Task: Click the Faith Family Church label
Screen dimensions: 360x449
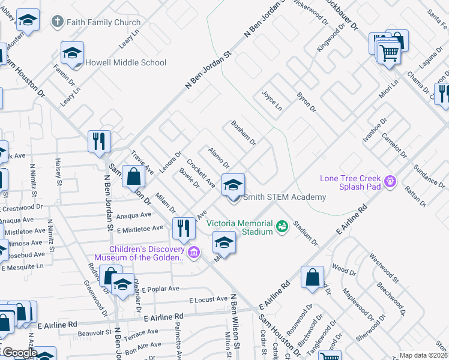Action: coord(103,23)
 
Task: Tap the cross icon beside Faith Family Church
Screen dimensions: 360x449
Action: coord(57,23)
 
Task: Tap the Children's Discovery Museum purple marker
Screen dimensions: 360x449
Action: coord(193,253)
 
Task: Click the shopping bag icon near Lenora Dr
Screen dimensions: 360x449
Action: coord(134,176)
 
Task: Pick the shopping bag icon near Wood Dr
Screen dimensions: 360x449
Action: coord(313,278)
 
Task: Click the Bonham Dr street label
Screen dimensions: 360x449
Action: coord(244,134)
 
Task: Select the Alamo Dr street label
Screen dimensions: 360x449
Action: coord(218,157)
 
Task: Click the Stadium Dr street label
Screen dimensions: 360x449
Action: coord(306,233)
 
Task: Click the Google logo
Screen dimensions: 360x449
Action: coord(19,353)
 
